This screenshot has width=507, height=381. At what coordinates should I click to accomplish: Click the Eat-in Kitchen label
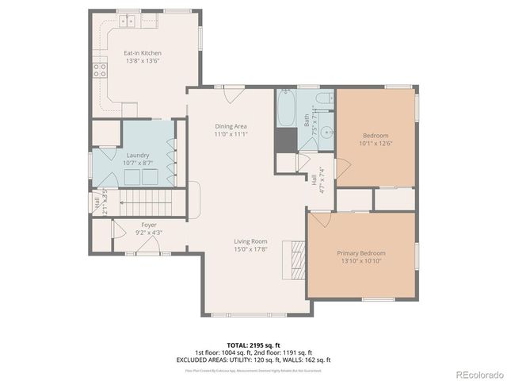click(x=143, y=53)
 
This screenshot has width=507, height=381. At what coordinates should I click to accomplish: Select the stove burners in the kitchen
click(x=101, y=70)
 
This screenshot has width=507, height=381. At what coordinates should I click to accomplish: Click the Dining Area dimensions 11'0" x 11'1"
click(x=231, y=134)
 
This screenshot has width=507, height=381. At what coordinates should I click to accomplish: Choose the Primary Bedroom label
click(x=360, y=253)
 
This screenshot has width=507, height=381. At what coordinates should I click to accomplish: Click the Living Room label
click(x=250, y=241)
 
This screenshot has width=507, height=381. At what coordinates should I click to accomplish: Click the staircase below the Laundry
click(x=149, y=202)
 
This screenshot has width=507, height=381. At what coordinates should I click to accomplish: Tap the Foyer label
click(x=149, y=225)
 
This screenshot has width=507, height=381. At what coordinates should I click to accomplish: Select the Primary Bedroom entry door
click(x=319, y=218)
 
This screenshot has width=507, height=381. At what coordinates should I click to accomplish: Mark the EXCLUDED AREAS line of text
click(x=253, y=360)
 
